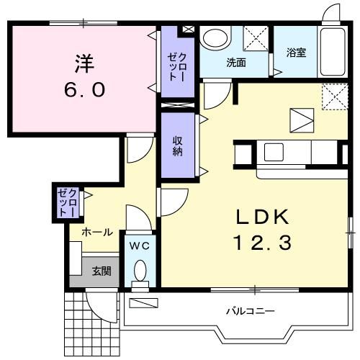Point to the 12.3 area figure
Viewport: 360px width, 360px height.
coord(262,244)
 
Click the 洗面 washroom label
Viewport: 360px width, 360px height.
coord(236,62)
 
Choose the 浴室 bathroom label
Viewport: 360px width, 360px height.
coord(296,52)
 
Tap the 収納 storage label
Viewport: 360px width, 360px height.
coord(177,145)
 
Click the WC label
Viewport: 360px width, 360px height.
coord(139,246)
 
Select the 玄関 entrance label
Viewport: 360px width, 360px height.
coord(101,271)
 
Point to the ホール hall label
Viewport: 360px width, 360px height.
coord(96,233)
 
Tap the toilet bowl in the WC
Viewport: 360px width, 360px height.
coord(140,271)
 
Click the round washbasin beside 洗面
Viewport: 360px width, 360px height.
coord(213,38)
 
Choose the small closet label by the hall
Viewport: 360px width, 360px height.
coord(66,202)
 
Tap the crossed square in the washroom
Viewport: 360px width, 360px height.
coord(254,37)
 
